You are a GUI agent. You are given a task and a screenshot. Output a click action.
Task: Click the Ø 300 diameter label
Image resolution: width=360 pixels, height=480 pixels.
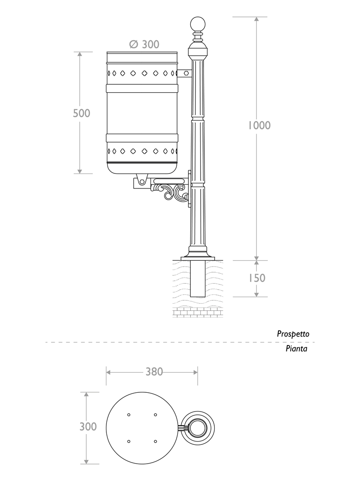(143, 45)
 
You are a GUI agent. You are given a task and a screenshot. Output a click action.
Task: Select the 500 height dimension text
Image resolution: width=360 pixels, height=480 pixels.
(82, 113)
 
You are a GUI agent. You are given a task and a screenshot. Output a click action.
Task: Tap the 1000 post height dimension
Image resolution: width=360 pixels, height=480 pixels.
(259, 125)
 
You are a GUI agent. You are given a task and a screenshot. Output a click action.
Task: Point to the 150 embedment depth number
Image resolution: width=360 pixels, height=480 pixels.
(256, 277)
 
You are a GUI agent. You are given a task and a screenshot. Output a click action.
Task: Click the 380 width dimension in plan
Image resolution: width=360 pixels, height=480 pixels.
(154, 372)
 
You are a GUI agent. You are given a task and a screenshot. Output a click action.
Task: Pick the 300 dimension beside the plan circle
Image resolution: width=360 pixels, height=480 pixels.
(88, 427)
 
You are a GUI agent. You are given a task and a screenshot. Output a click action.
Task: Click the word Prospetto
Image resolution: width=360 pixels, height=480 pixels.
(293, 334)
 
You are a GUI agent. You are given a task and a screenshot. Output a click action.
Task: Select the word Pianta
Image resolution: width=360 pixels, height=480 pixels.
(296, 349)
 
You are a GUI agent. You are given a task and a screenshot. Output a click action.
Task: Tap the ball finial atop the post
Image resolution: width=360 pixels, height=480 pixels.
(197, 24)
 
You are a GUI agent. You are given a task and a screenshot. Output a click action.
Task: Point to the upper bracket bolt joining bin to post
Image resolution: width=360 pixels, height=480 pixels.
(187, 73)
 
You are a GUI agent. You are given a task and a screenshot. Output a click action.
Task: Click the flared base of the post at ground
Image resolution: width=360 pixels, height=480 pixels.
(198, 255)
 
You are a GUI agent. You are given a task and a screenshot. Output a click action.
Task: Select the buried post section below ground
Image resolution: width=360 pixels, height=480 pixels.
(198, 279)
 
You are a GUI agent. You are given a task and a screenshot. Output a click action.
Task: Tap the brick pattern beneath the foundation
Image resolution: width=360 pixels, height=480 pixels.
(198, 312)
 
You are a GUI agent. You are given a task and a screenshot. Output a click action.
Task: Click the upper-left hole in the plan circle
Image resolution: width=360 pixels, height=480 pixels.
(129, 414)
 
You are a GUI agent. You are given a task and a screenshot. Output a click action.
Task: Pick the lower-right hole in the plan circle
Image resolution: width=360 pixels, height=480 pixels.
(155, 441)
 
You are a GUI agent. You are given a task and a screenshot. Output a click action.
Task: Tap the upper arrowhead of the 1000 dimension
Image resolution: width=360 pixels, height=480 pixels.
(256, 20)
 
